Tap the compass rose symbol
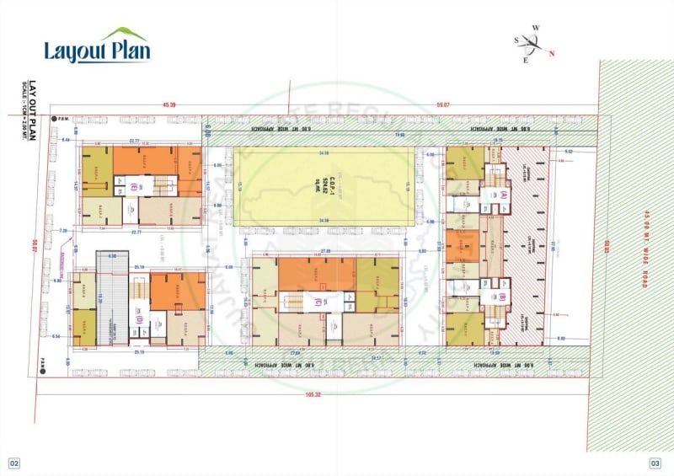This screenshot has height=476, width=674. (531, 44)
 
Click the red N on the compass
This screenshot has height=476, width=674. (552, 55)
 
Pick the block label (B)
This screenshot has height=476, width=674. (503, 297)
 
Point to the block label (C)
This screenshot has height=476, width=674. (317, 302)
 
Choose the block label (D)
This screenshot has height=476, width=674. (138, 319)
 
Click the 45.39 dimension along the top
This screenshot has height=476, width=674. (169, 104)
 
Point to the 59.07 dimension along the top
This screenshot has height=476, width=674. (443, 104)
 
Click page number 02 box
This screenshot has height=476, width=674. (14, 463)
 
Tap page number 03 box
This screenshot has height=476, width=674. (655, 463)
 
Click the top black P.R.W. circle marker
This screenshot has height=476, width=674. (51, 120)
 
